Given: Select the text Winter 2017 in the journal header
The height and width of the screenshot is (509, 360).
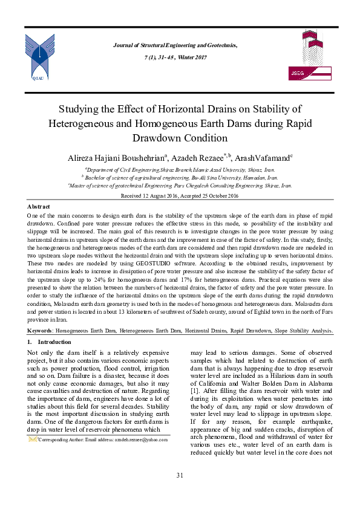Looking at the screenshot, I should tap(191, 57).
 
